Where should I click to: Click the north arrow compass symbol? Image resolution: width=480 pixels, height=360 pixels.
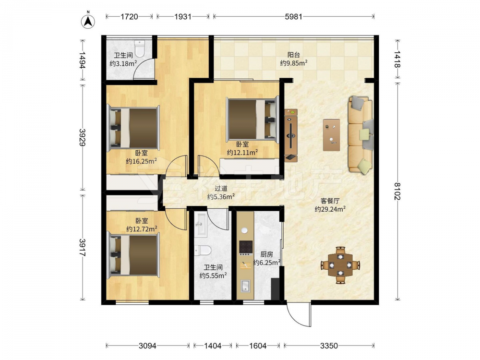click(88, 21)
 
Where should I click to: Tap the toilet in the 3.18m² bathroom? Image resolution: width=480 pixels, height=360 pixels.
click(140, 49)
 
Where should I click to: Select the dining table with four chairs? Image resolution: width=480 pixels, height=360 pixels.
click(340, 265)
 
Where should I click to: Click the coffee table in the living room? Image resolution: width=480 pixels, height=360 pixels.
click(332, 135)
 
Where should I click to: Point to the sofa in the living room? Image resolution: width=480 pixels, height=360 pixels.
click(360, 135)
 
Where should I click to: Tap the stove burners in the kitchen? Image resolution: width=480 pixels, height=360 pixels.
click(246, 248)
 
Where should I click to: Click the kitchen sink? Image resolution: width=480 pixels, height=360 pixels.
click(245, 286)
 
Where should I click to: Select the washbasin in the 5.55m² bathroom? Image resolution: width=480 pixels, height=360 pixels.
click(201, 225)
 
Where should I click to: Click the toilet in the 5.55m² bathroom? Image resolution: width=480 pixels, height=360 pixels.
click(203, 251)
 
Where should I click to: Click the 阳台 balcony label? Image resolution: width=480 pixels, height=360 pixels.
click(294, 55)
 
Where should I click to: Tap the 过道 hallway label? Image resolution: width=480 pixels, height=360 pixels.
click(221, 189)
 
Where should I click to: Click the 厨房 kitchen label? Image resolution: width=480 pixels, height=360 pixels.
click(266, 254)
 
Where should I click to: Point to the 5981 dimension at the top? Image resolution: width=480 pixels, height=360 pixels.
click(294, 16)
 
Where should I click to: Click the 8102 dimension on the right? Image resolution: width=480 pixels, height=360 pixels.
click(397, 191)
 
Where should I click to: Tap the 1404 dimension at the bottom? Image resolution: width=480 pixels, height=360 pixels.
click(213, 346)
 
